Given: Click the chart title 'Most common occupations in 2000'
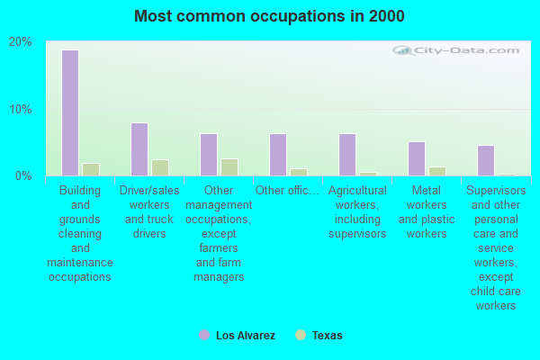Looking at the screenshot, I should pos(269,16).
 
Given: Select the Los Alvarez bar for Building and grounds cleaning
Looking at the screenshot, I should pos(70,112).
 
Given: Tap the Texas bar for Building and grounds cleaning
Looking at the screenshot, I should pos(91,169).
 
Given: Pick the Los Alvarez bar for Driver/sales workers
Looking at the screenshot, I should pos(139,149).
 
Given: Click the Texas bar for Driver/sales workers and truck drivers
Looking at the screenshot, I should pos(160,167).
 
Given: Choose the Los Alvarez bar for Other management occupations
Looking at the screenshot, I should pos(209,155).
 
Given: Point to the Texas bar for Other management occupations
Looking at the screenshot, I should pos(229,167).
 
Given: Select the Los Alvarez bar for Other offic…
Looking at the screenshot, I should pos(278,155).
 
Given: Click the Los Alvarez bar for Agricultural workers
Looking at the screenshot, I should pos(347,155).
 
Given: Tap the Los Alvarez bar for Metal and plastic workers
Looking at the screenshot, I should pos(417,158).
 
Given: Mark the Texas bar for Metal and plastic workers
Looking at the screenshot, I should pos(437,171).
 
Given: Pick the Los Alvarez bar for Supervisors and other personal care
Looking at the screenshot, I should pos(486,160).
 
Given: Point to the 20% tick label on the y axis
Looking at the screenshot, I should pos(21,42).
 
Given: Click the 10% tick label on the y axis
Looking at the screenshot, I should pos(21,109).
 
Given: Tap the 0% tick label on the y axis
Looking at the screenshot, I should pos(23,175).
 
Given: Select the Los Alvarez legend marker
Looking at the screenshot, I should pos(204,335).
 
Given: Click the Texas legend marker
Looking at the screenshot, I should pos(301,335).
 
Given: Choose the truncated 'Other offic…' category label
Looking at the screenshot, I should pos(287,191).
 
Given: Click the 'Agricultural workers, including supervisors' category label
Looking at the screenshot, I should pos(357,212).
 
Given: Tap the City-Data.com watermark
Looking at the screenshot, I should pos(463,51).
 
